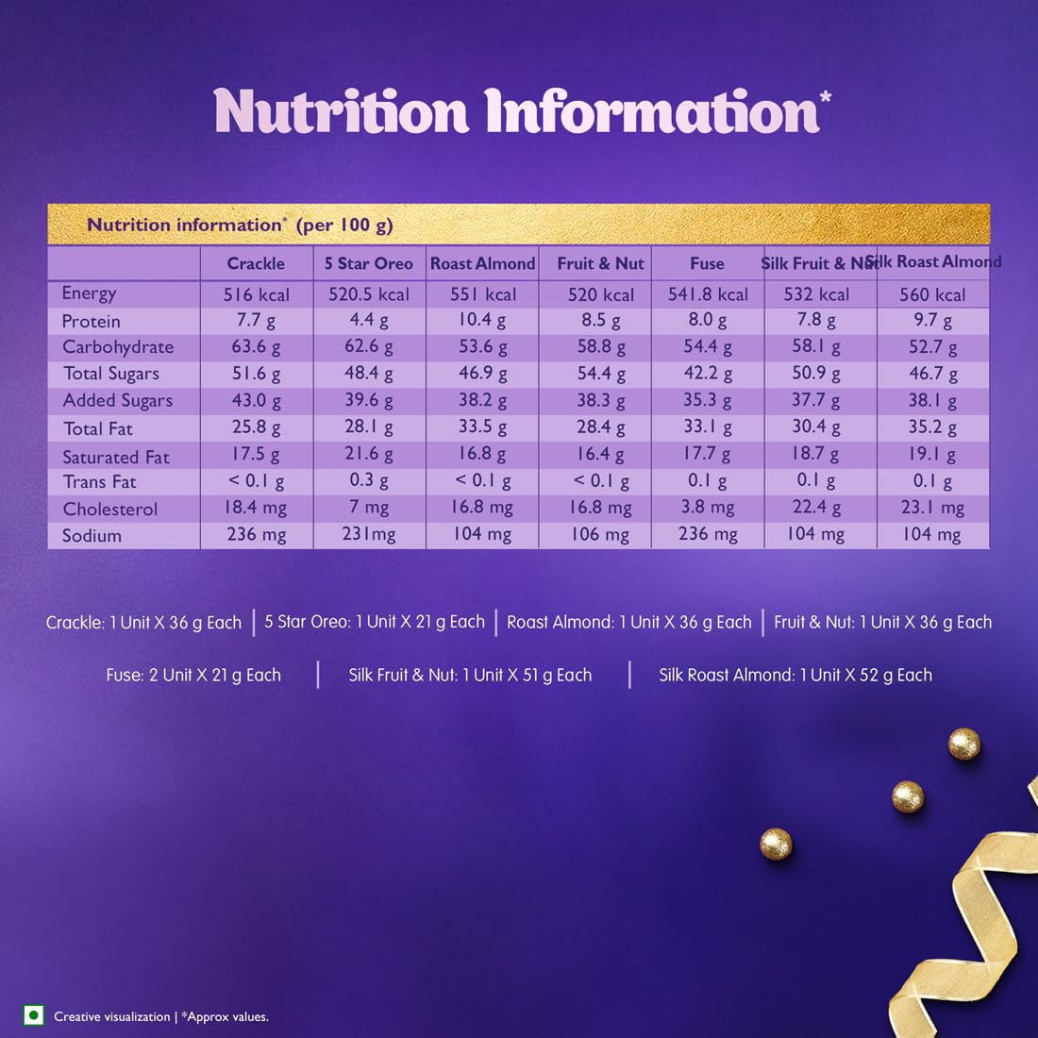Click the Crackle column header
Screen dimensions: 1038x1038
(x=256, y=264)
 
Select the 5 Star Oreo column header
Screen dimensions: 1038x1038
(x=369, y=264)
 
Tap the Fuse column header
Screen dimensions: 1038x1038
(x=707, y=264)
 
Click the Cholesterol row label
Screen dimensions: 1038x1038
(x=110, y=509)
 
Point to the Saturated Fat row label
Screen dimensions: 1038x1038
(x=116, y=457)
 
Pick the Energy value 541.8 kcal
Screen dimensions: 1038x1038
(x=708, y=294)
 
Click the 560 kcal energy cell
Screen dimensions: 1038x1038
(x=932, y=294)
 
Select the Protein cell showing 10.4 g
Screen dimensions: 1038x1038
(x=482, y=321)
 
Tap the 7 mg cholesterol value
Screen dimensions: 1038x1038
(x=369, y=508)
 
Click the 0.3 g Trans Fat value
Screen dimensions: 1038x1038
(x=369, y=480)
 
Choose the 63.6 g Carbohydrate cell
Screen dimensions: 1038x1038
(x=256, y=346)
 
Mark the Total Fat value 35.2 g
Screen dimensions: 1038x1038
(x=932, y=427)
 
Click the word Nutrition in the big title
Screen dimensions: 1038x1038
(x=341, y=112)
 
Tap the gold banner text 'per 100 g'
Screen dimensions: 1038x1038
(x=344, y=226)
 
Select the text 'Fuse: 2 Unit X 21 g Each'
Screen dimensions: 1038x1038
(x=193, y=675)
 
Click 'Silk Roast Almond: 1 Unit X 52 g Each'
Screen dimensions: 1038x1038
(x=795, y=675)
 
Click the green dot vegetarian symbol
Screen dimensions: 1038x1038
(x=34, y=1015)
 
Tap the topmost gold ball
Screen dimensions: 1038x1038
(x=964, y=745)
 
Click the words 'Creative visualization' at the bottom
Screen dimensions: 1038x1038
(x=112, y=1016)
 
